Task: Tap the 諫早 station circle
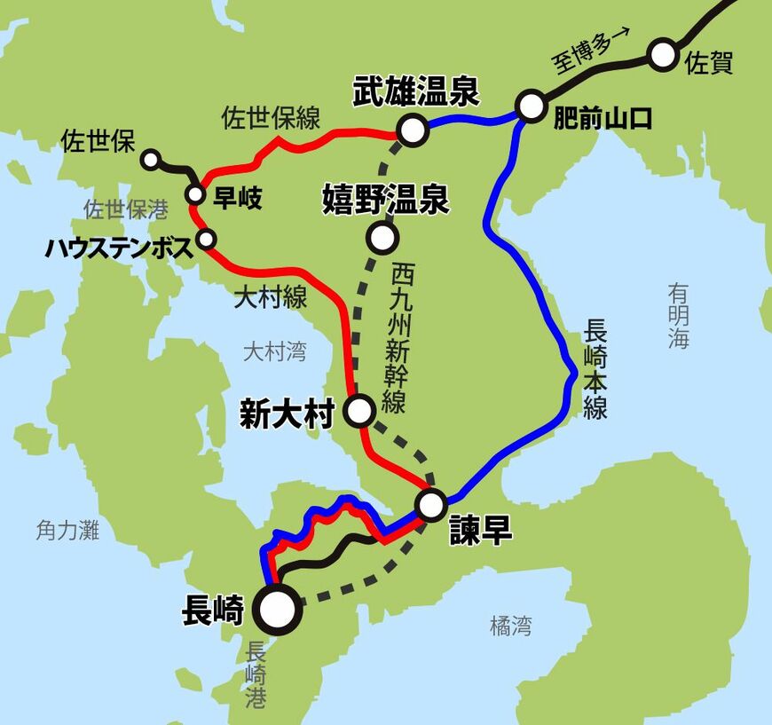click(432, 505)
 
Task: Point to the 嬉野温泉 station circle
click(382, 238)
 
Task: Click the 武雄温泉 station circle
click(413, 130)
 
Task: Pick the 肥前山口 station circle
click(531, 106)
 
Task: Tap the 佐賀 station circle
click(662, 55)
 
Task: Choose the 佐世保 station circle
click(151, 160)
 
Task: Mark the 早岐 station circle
click(195, 195)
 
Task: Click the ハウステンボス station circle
click(207, 239)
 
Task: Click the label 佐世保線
click(271, 118)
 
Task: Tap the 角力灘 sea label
click(68, 531)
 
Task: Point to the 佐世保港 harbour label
click(126, 209)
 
